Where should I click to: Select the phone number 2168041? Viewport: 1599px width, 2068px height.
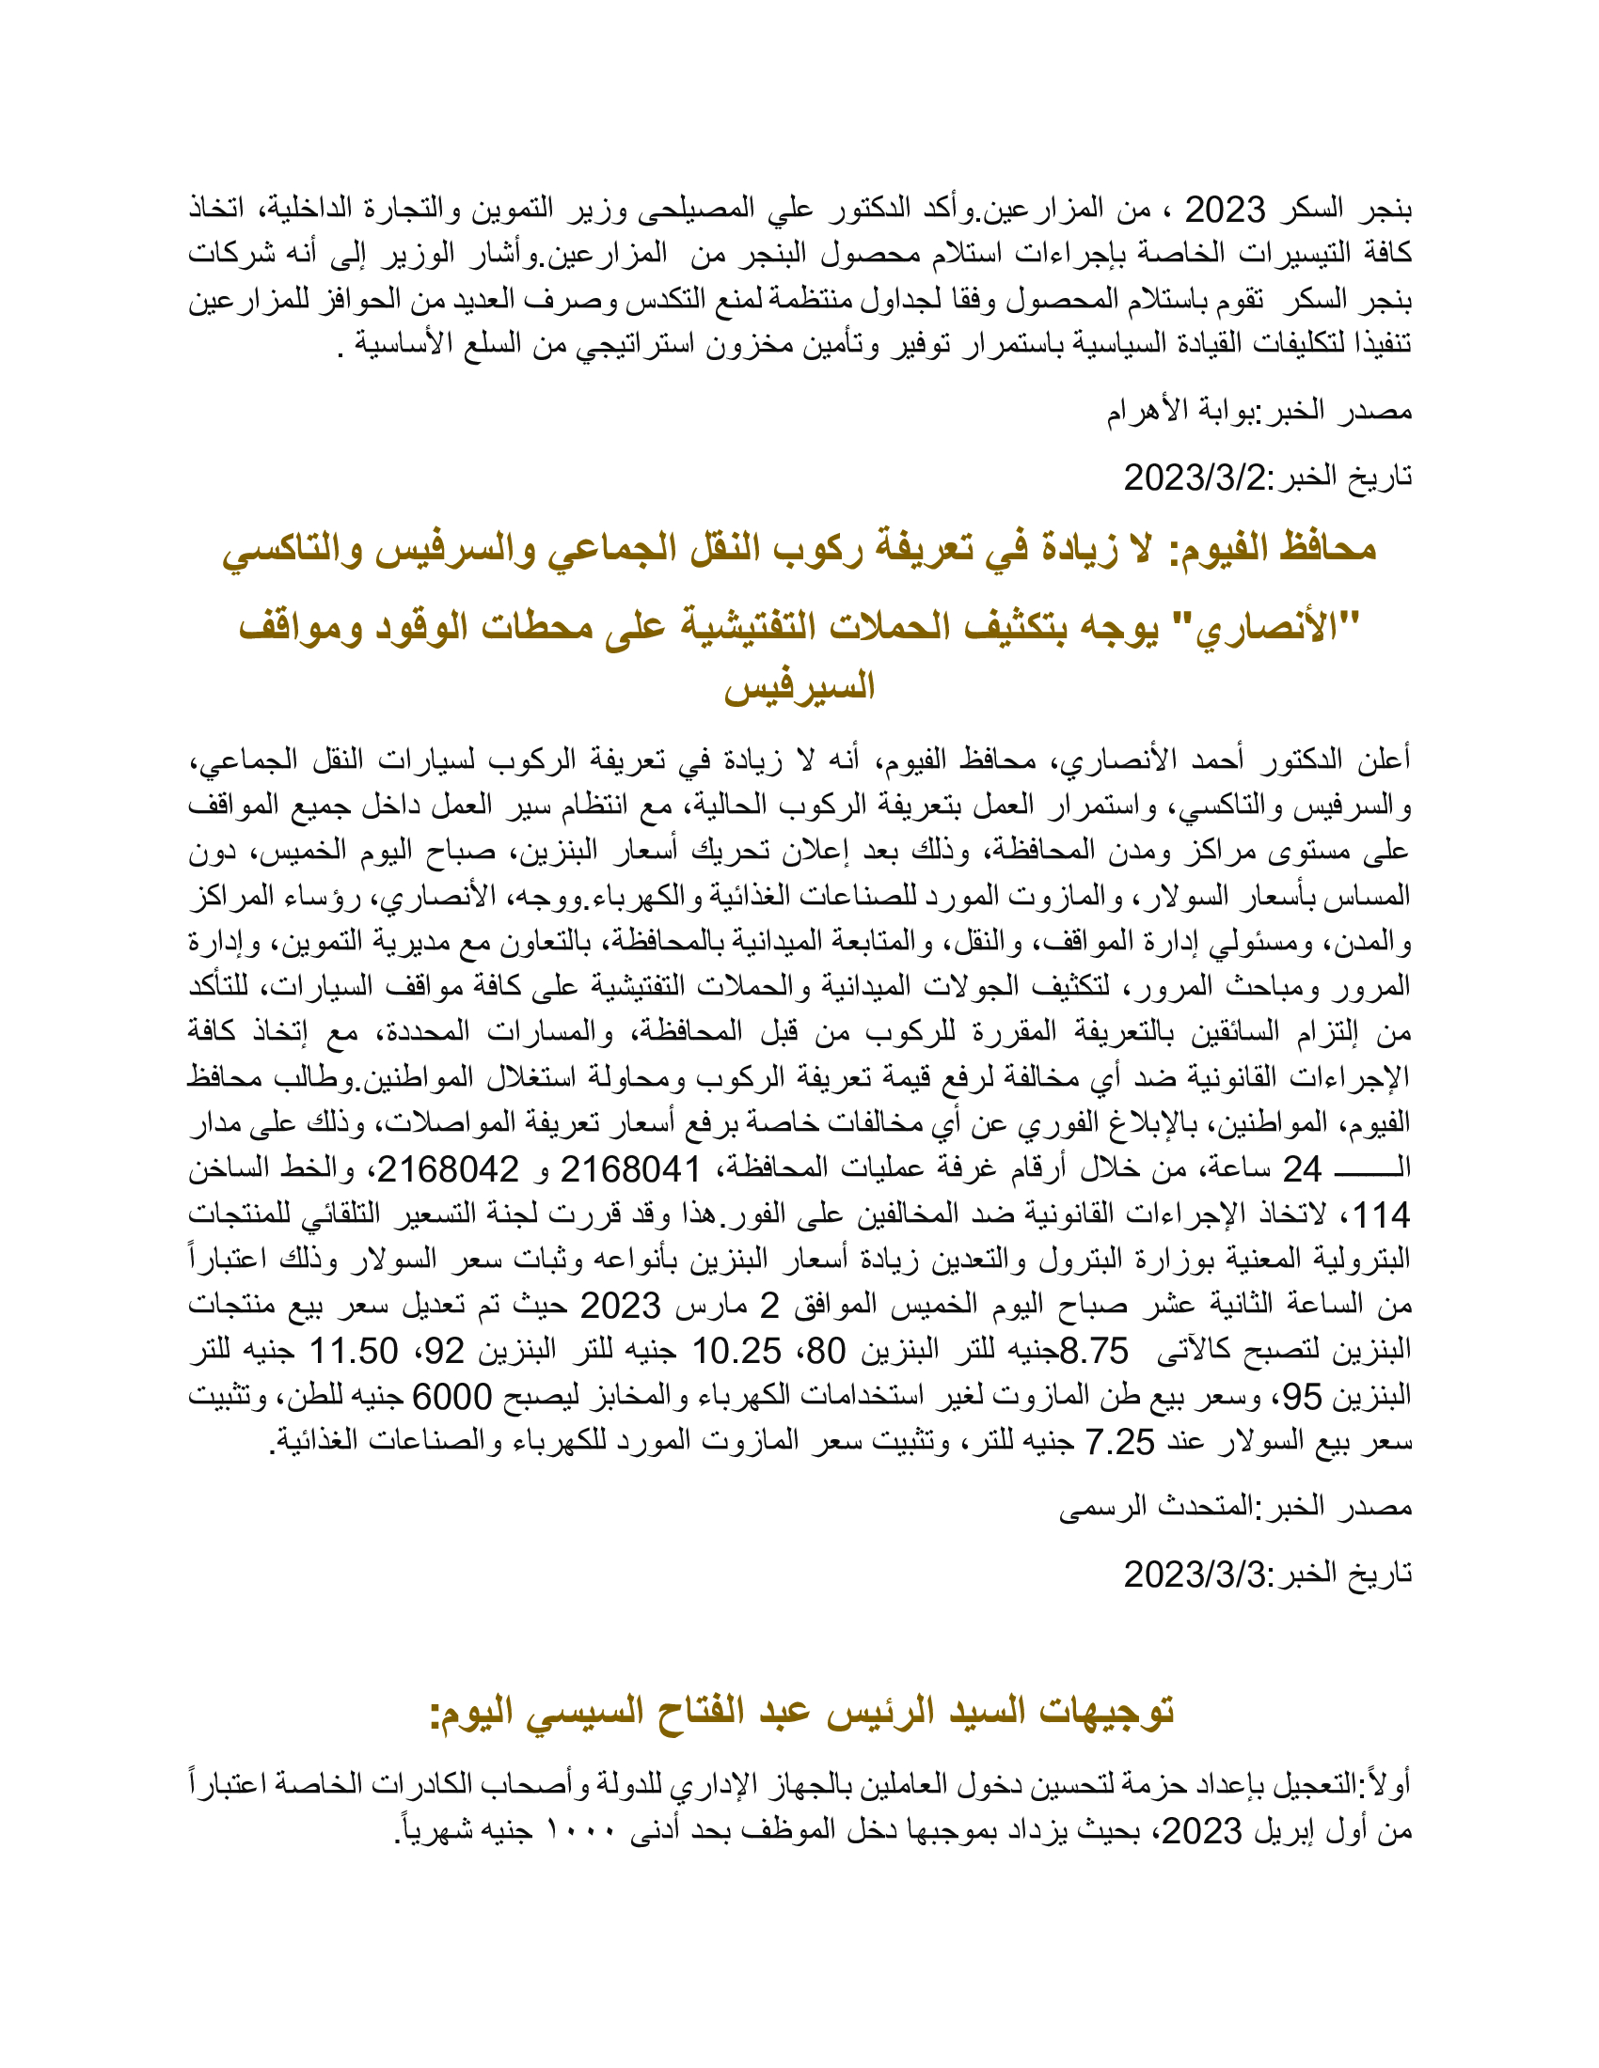(630, 1170)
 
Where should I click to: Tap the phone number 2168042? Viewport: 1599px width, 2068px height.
(448, 1170)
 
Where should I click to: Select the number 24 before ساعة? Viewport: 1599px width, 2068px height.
(1302, 1170)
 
